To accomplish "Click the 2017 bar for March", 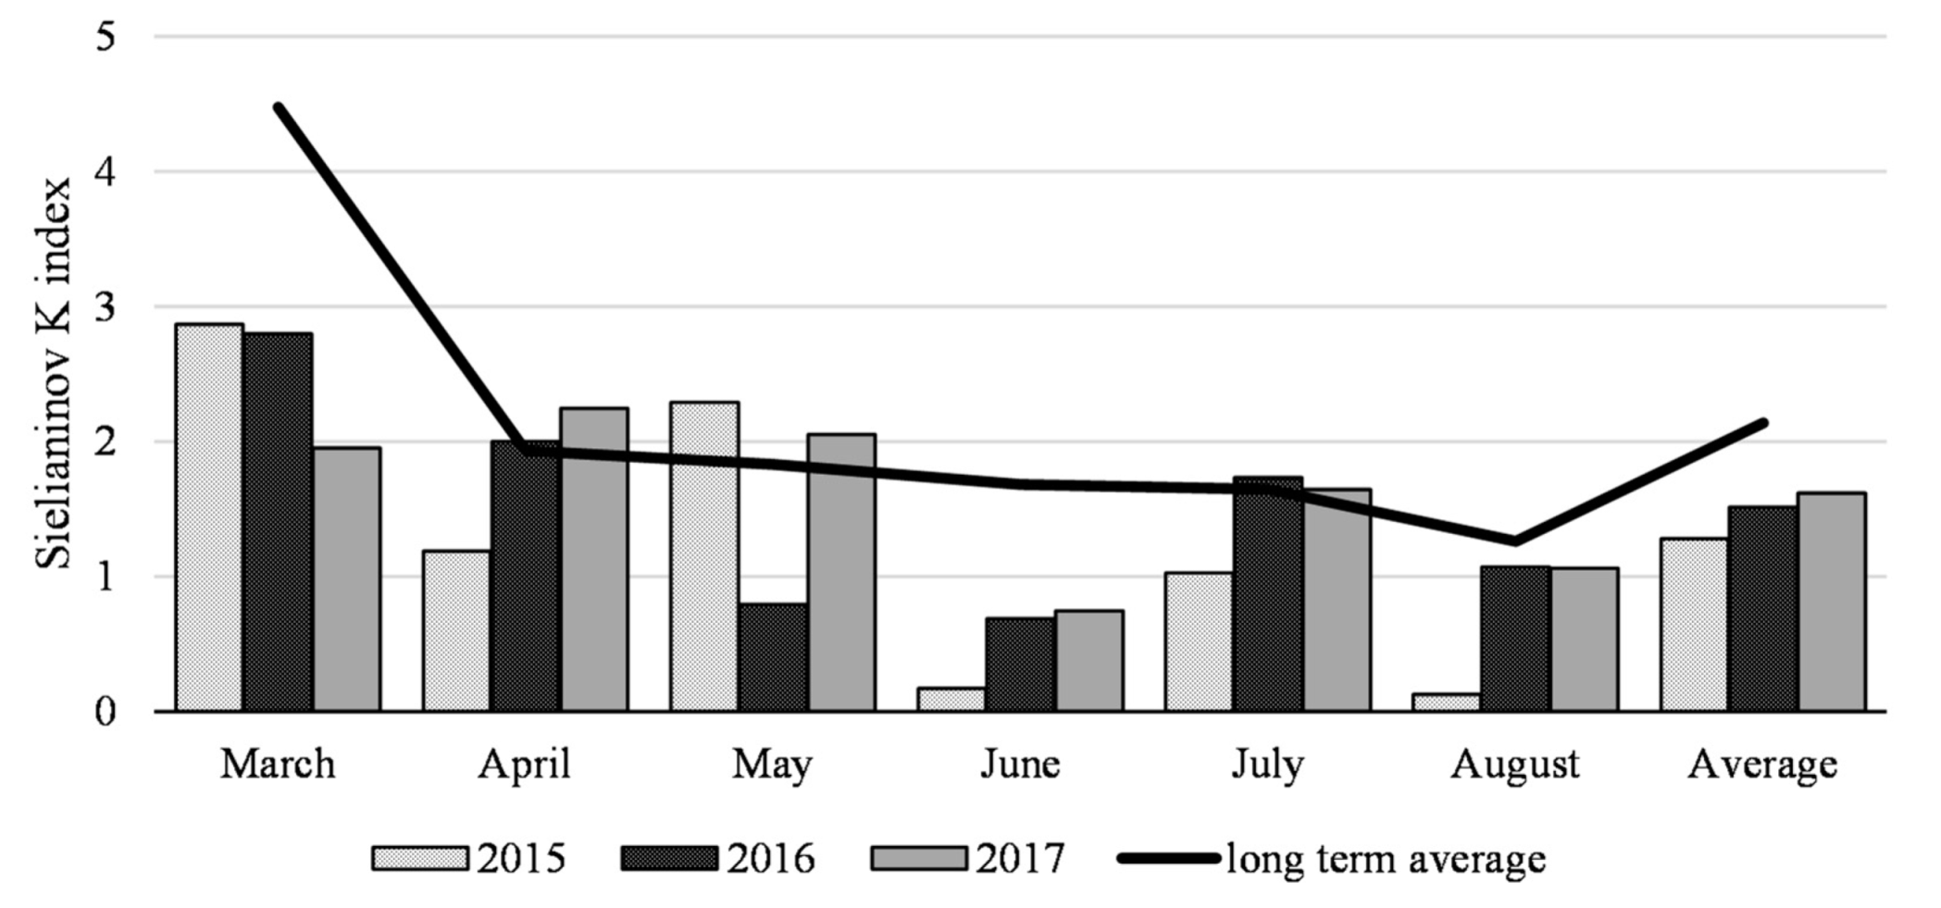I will point(346,578).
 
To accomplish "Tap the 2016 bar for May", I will point(773,657).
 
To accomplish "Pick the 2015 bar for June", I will point(952,699).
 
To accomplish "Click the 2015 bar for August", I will point(1446,702).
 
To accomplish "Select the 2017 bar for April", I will point(594,559).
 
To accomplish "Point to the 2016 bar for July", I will point(1267,593).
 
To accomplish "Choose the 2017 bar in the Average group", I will point(1831,602).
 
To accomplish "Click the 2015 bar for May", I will point(704,555).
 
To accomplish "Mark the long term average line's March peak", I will point(279,108).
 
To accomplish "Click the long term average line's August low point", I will point(1514,541).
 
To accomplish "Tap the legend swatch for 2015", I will point(419,858).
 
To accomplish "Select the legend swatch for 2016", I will point(669,858).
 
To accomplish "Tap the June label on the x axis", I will point(1020,765).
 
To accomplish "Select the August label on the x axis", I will point(1514,765).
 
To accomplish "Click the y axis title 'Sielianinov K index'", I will point(54,373).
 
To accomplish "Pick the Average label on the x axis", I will point(1762,765).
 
